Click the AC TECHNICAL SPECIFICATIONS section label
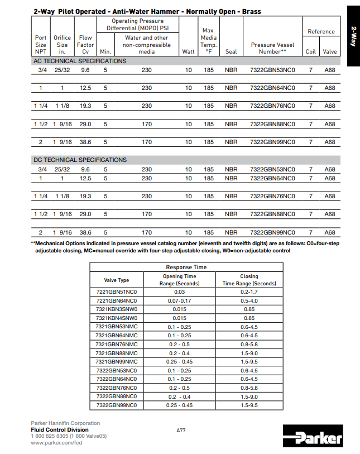pos(80,61)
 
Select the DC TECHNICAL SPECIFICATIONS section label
pos(80,160)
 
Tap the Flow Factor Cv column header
pos(85,45)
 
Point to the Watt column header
pos(189,51)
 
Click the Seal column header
pos(231,51)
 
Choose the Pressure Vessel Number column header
pos(272,48)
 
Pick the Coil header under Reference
pos(311,51)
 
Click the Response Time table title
pos(186,267)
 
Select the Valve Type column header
pos(117,280)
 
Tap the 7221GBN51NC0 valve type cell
pos(117,292)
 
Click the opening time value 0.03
pos(179,292)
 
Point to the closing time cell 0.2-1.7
pos(249,292)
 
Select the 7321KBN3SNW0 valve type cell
pos(117,309)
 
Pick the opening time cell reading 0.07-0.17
pos(179,301)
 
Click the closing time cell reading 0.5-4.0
pos(249,301)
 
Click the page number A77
pos(180,430)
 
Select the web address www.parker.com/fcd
pos(57,443)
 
